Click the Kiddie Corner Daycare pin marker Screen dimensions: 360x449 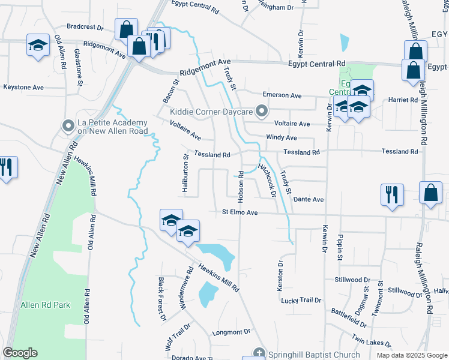pos(261,112)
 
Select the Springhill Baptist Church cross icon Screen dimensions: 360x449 pos(259,353)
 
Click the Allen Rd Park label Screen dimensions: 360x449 pos(45,305)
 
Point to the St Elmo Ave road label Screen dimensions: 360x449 pos(240,212)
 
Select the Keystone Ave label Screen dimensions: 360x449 pos(23,87)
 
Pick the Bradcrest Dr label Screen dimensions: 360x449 pos(85,27)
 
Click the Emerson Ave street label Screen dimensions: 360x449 pos(282,95)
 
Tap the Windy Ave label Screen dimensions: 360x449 pos(282,137)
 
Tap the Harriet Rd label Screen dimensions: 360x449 pos(403,100)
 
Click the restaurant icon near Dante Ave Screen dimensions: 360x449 pos(392,194)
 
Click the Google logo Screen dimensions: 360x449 pos(20,353)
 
